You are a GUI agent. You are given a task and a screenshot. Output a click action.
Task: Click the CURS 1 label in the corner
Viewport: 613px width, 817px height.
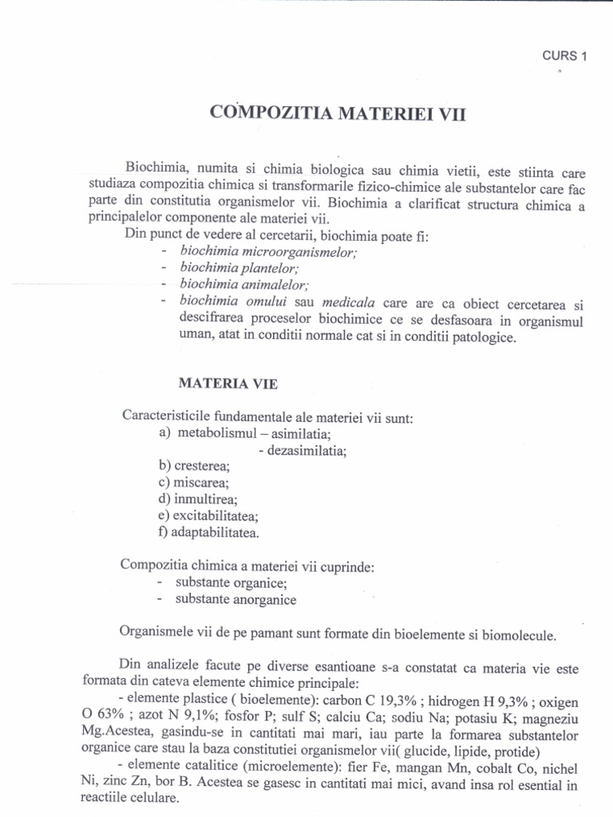click(564, 56)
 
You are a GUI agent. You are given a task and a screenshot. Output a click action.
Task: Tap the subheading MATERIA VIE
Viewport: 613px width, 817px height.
click(227, 383)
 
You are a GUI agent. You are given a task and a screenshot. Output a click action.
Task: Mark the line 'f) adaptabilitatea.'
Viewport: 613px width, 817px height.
click(208, 532)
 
